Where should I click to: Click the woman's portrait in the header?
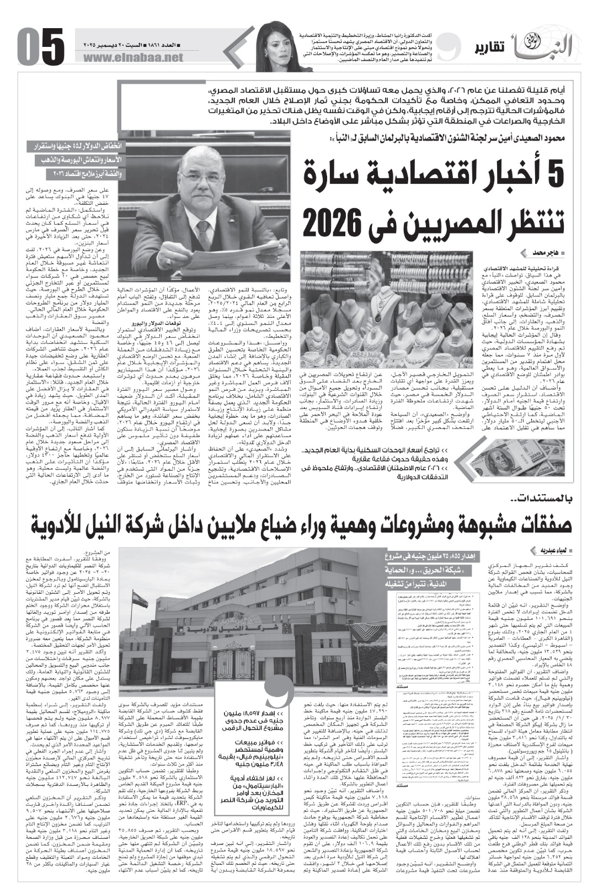tap(278, 42)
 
